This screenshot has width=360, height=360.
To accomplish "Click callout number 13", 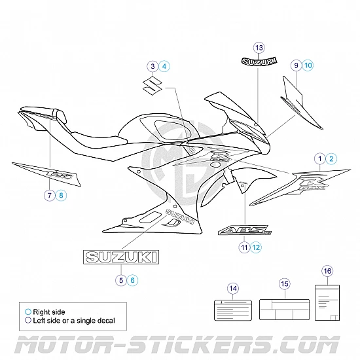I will (x=259, y=47).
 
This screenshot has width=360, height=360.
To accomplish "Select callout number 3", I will (x=153, y=66).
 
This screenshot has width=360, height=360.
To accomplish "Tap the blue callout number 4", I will (x=164, y=66).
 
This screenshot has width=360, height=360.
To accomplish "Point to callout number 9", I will (x=297, y=65).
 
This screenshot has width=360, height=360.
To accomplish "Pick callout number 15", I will (x=283, y=283).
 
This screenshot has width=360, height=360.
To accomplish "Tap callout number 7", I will (x=49, y=195).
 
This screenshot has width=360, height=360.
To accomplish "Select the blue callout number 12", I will (x=256, y=247).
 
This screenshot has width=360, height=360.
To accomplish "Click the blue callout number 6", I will (x=134, y=279).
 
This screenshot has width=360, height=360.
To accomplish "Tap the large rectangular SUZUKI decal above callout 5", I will (x=120, y=258).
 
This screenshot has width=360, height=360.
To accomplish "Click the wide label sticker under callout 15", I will (x=283, y=307).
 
